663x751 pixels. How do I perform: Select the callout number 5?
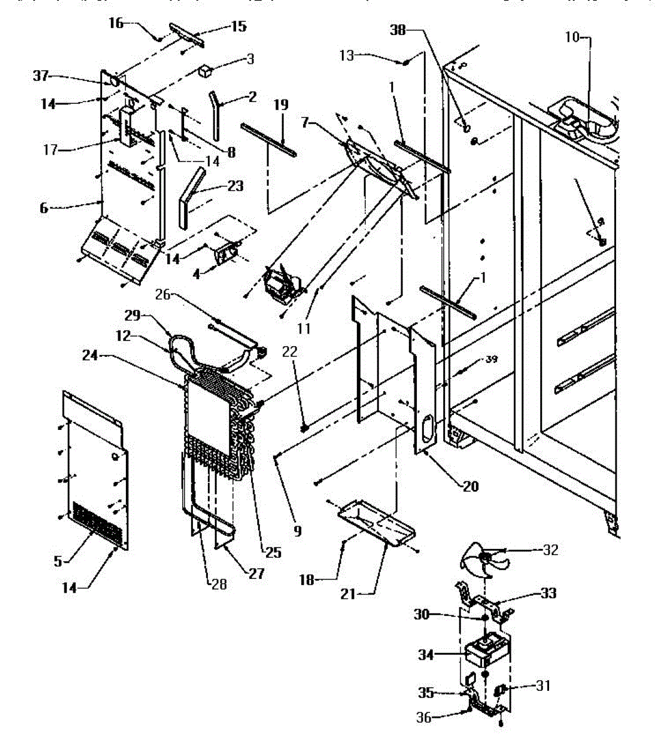coord(58,561)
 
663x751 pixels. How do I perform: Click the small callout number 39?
coord(491,359)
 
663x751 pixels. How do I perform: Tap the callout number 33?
coord(548,593)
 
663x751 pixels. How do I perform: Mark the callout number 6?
coord(44,208)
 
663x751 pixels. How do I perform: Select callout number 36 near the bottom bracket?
coord(424,718)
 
